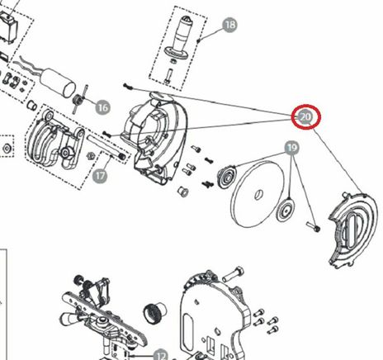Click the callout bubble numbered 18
click(230, 25)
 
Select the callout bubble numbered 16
click(102, 107)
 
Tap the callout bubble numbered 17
click(100, 175)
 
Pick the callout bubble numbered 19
click(292, 148)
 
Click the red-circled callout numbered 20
click(306, 116)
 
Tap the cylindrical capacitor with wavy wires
click(58, 83)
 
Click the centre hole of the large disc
click(258, 195)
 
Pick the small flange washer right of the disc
click(286, 211)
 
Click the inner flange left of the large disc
click(227, 177)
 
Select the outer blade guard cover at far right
click(353, 230)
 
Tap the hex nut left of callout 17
click(90, 156)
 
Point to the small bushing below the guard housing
click(183, 192)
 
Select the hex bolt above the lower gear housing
click(233, 274)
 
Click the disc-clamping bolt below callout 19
click(313, 227)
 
